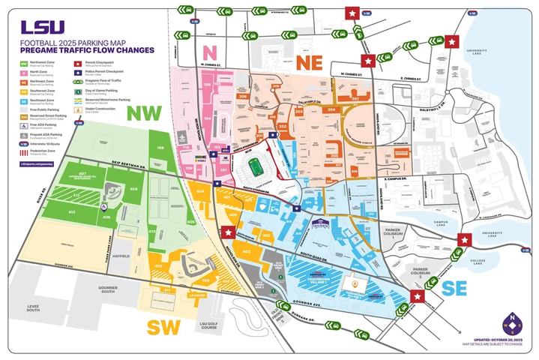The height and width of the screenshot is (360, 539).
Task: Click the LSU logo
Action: [37, 28]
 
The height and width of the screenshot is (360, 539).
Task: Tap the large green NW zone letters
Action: [142, 113]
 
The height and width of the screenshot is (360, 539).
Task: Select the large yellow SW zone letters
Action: [164, 327]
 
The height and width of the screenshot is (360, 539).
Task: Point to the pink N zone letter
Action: [212, 52]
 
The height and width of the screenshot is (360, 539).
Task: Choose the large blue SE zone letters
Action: [456, 288]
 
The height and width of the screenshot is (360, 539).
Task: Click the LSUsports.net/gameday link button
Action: [37, 163]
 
